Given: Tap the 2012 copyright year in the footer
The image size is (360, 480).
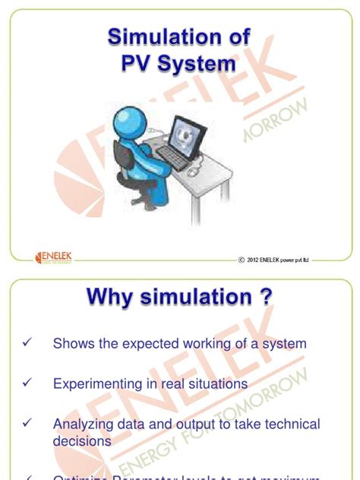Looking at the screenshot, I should [256, 260].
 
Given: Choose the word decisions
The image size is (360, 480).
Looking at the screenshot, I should [82, 440].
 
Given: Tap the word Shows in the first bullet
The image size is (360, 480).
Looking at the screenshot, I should [72, 344].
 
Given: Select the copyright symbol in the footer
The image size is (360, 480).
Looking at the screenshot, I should [242, 260].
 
